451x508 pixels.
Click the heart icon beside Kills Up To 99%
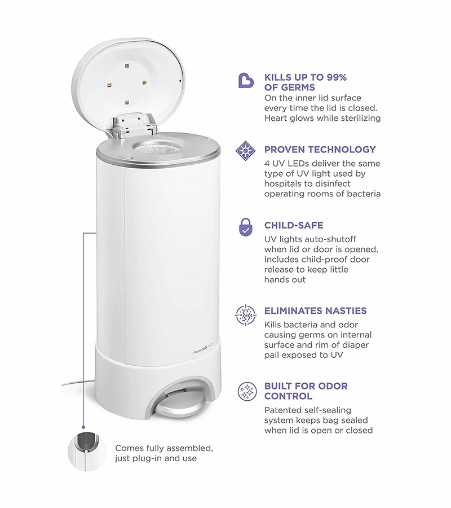[x=246, y=81]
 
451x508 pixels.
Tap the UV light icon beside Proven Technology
[x=245, y=151]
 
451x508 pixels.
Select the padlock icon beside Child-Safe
[x=246, y=227]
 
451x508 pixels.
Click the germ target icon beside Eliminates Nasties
[x=246, y=315]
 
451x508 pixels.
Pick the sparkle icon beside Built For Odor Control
[x=247, y=391]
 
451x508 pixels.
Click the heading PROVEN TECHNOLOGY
[x=320, y=150]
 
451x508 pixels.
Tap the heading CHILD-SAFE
[x=294, y=225]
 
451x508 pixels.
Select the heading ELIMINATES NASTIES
[x=316, y=310]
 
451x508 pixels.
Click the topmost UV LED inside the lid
[x=126, y=65]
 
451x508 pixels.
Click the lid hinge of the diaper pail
[x=133, y=125]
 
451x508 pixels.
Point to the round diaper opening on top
[x=157, y=148]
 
